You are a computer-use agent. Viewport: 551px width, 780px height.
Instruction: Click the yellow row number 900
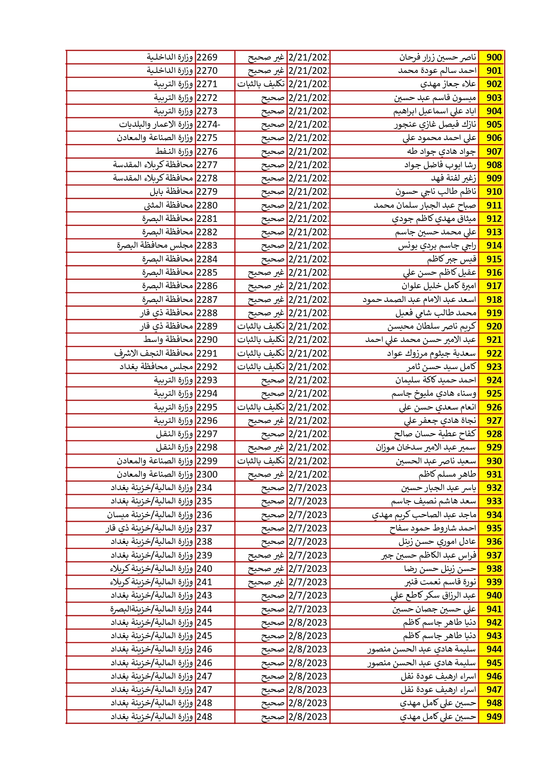click(x=494, y=57)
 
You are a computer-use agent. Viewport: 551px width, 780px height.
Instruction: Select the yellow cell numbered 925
click(x=494, y=394)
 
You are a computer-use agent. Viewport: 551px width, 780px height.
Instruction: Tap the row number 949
click(x=494, y=716)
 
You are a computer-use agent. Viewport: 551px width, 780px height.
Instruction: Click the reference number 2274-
click(x=208, y=125)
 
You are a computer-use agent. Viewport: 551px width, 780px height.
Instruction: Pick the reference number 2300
click(x=207, y=474)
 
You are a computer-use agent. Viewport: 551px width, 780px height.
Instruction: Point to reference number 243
click(x=204, y=595)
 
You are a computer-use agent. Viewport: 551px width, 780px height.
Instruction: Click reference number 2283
click(x=207, y=245)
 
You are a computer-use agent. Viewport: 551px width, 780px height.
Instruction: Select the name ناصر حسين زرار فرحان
click(x=437, y=57)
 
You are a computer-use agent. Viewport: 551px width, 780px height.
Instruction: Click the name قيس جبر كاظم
click(x=451, y=259)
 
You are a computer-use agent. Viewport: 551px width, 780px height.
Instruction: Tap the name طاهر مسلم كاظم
click(x=447, y=474)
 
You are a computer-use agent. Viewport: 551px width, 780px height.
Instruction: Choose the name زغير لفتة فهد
click(x=453, y=178)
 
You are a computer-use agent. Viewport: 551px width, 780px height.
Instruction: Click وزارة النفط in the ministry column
click(x=174, y=152)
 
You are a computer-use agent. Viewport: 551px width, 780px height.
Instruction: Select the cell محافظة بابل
click(x=171, y=192)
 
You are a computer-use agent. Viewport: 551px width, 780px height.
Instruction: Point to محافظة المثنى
click(x=168, y=205)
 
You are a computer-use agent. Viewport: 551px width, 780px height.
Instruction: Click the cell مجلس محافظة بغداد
click(x=156, y=367)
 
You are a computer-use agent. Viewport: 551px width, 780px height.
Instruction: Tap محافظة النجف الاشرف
click(x=153, y=354)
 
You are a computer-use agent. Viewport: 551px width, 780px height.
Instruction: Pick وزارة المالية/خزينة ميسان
click(x=150, y=515)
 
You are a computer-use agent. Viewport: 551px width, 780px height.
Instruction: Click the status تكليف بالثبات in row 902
click(x=261, y=84)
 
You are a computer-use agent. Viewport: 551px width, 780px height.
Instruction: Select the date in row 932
click(x=308, y=488)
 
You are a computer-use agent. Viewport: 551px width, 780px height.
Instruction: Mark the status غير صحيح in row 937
click(x=266, y=555)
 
